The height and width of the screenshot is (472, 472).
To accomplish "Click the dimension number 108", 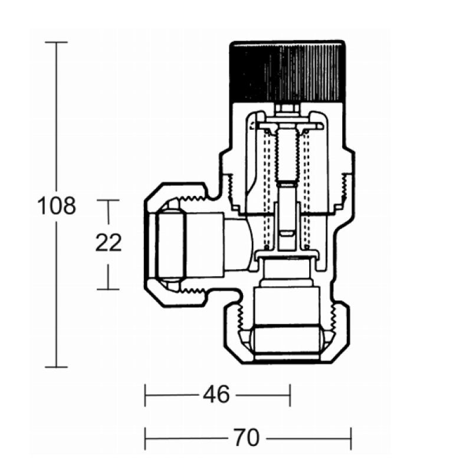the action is pyautogui.click(x=57, y=206).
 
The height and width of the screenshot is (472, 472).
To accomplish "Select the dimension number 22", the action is pyautogui.click(x=109, y=242).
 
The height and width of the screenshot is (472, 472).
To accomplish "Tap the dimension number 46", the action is pyautogui.click(x=216, y=395).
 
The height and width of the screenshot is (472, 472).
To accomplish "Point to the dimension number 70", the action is pyautogui.click(x=246, y=438).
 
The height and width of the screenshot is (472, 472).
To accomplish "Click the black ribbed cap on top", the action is pyautogui.click(x=287, y=71).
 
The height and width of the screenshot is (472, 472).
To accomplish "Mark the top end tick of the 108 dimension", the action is pyautogui.click(x=56, y=42).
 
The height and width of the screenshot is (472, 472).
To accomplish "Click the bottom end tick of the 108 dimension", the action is pyautogui.click(x=56, y=367).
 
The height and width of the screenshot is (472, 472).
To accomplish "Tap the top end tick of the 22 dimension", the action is pyautogui.click(x=108, y=200).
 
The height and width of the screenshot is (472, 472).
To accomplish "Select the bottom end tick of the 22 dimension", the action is pyautogui.click(x=108, y=289).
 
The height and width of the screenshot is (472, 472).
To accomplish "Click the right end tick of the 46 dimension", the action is pyautogui.click(x=290, y=395).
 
